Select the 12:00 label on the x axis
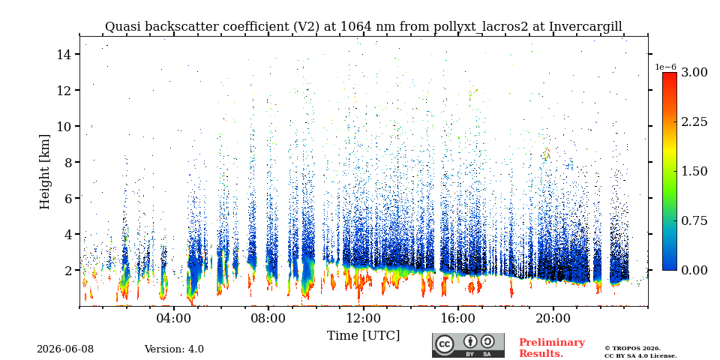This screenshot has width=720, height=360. pyautogui.click(x=363, y=319)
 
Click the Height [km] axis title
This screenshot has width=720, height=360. pyautogui.click(x=44, y=172)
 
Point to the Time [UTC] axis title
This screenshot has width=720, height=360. pyautogui.click(x=363, y=336)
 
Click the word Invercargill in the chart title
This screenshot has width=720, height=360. pyautogui.click(x=586, y=27)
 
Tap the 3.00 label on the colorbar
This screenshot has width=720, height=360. pyautogui.click(x=694, y=72)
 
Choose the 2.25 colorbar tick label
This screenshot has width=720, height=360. pyautogui.click(x=694, y=121)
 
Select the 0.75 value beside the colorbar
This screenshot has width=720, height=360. pyautogui.click(x=694, y=220)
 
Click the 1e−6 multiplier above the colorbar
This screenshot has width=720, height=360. pyautogui.click(x=665, y=67)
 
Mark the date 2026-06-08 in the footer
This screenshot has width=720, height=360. pyautogui.click(x=65, y=349)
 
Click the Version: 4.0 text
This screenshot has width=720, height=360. pyautogui.click(x=174, y=349)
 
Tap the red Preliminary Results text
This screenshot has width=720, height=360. pyautogui.click(x=552, y=348)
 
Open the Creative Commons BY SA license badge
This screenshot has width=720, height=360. pyautogui.click(x=468, y=345)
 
